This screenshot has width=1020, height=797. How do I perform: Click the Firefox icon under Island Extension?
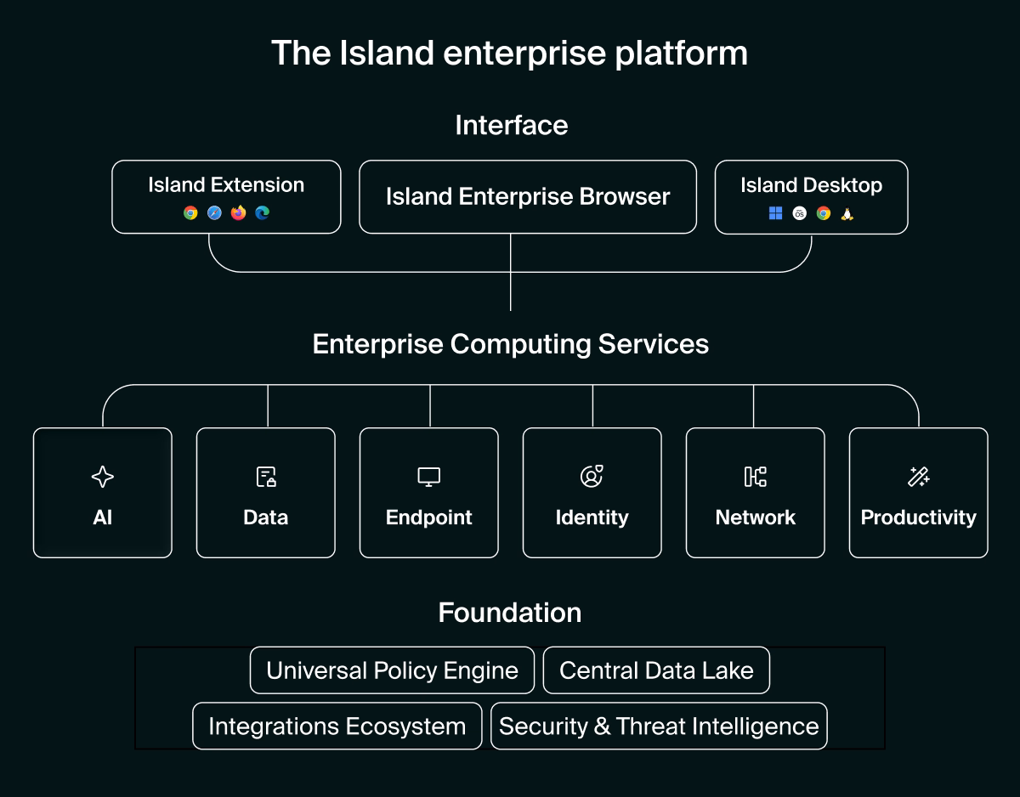[x=238, y=213]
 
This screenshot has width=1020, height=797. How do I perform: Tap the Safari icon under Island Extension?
[x=214, y=213]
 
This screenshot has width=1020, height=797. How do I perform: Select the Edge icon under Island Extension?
[x=262, y=213]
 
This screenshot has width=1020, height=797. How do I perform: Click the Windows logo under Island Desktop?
[x=775, y=213]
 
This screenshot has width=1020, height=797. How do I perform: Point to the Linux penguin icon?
[x=847, y=213]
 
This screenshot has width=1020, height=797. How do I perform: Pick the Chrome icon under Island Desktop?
[x=823, y=213]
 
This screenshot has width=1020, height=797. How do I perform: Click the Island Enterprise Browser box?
[x=528, y=197]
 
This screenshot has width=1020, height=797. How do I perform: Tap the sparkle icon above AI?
[x=103, y=477]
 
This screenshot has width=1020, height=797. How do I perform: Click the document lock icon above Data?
[x=266, y=477]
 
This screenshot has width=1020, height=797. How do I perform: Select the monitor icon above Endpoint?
[x=429, y=477]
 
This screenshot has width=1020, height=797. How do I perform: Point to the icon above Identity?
[x=592, y=477]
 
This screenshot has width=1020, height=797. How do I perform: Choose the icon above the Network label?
[x=755, y=477]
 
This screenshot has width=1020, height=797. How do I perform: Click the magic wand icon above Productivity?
[x=918, y=477]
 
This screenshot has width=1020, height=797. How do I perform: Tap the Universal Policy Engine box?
[x=392, y=670]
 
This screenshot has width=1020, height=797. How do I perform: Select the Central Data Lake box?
[x=656, y=670]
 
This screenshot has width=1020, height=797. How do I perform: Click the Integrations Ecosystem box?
[x=337, y=726]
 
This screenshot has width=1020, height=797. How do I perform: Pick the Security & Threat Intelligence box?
[x=659, y=726]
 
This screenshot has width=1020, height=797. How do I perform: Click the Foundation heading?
[x=510, y=613]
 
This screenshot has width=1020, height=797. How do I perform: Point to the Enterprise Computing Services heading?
[x=510, y=344]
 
